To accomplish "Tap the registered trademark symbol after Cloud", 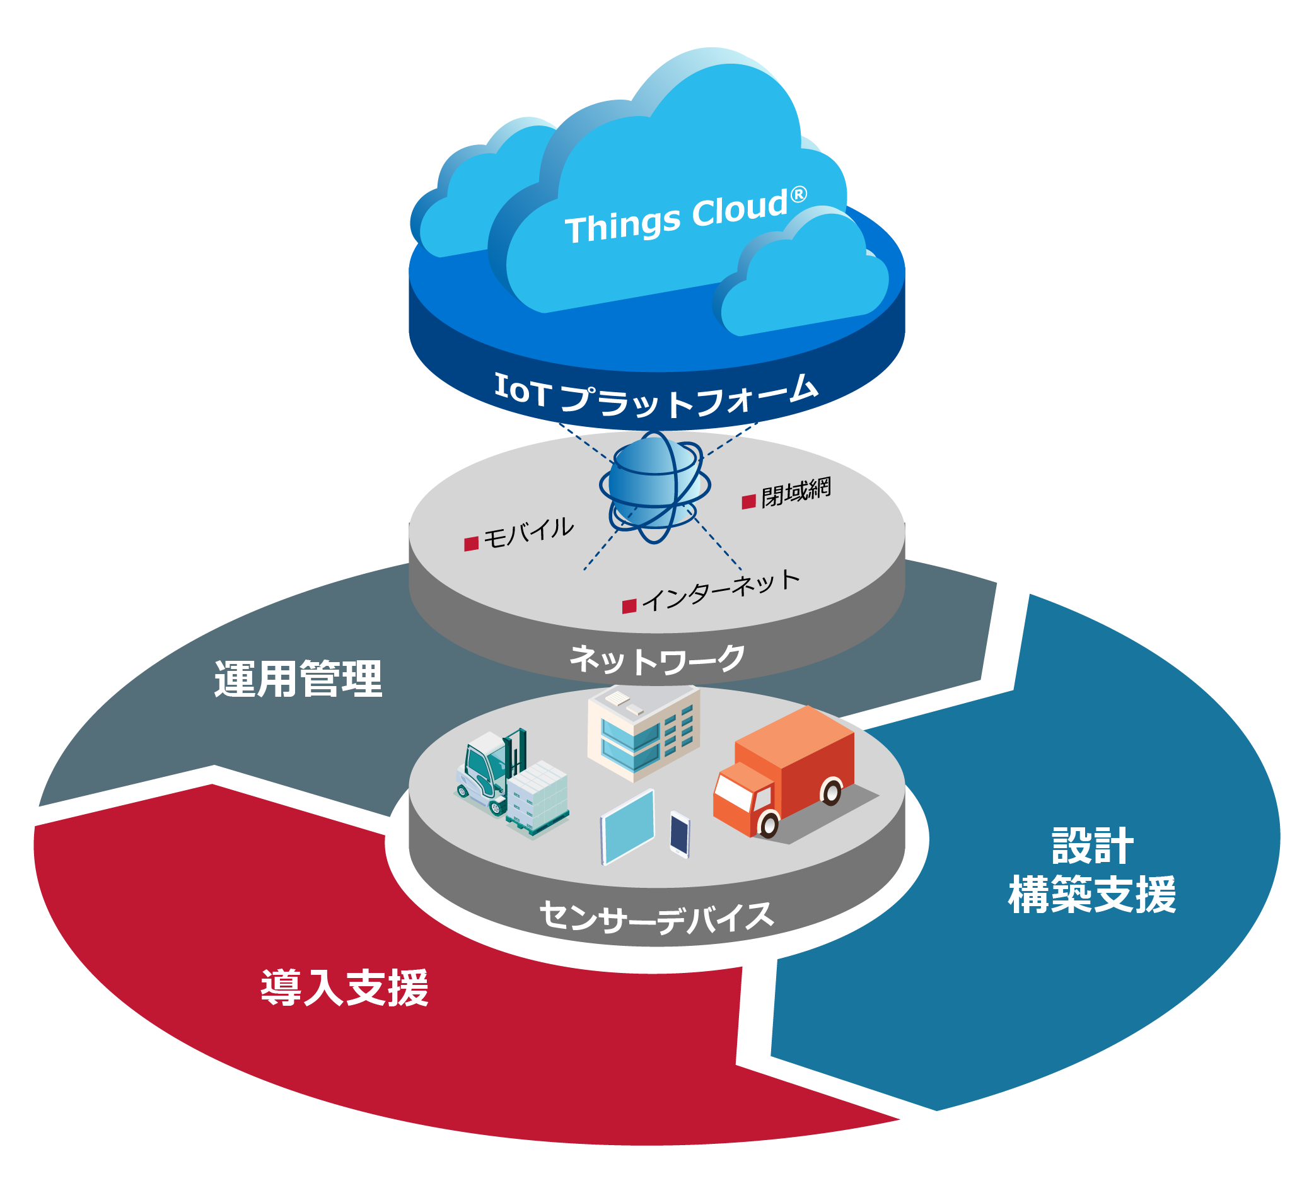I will tap(798, 194).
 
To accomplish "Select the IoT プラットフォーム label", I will tap(655, 395).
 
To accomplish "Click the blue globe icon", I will tap(654, 486).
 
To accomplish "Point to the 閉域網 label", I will tap(796, 491).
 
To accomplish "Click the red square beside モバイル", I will tap(471, 544).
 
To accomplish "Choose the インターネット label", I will tap(721, 590).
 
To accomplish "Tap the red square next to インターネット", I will tap(629, 607).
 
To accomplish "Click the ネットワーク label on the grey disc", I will tap(657, 660).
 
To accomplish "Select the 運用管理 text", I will tap(298, 679).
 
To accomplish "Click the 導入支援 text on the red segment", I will tap(344, 988).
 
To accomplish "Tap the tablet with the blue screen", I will tap(627, 826).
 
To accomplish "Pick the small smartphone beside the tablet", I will tap(680, 834).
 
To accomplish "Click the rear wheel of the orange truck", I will tap(832, 792).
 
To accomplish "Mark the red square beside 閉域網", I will tap(749, 501).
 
